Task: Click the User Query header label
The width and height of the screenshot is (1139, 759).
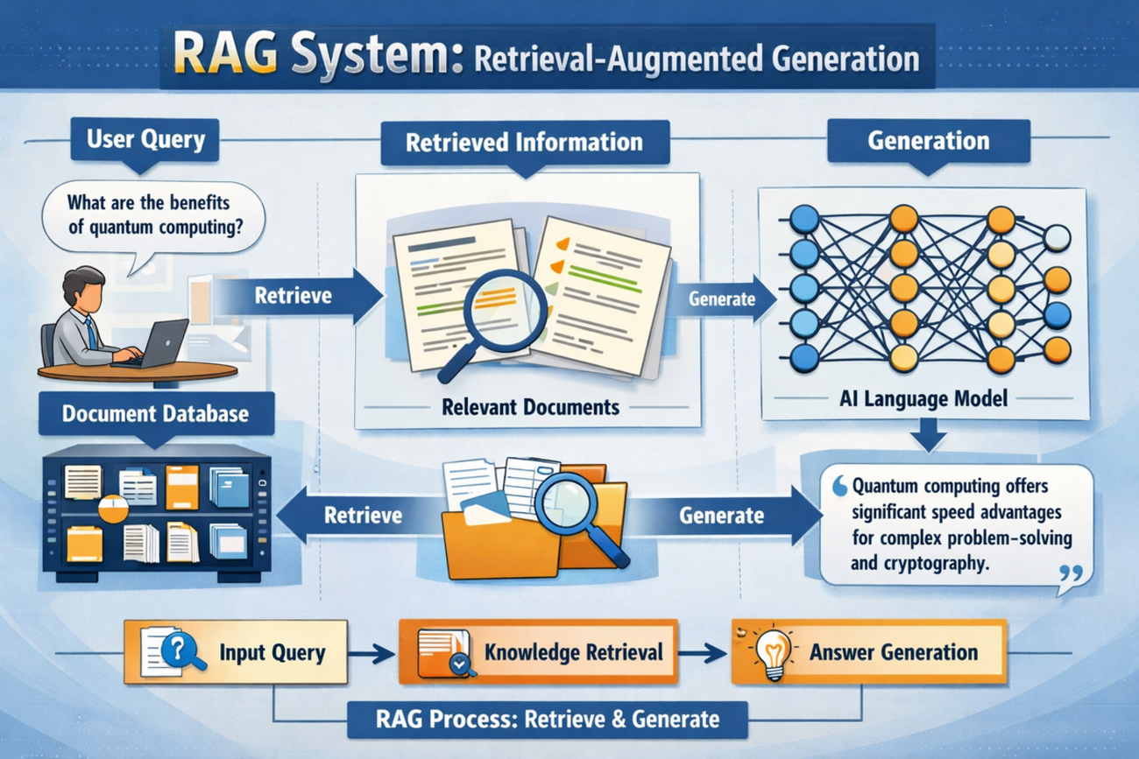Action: [x=145, y=139]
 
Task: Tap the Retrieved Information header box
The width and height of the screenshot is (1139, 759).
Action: [x=525, y=142]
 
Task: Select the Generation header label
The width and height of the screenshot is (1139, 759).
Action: [x=929, y=141]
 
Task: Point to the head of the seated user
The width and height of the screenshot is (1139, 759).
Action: [x=83, y=288]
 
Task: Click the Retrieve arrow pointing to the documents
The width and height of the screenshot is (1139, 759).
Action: [x=300, y=296]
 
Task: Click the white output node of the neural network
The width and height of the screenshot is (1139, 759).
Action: [x=1058, y=238]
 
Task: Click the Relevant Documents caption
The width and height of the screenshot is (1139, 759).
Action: [x=530, y=407]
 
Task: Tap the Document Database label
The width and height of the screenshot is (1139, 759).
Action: [x=156, y=414]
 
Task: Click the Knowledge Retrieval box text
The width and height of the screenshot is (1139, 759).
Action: [x=574, y=652]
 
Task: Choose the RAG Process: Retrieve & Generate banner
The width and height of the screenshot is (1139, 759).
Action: [x=548, y=720]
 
